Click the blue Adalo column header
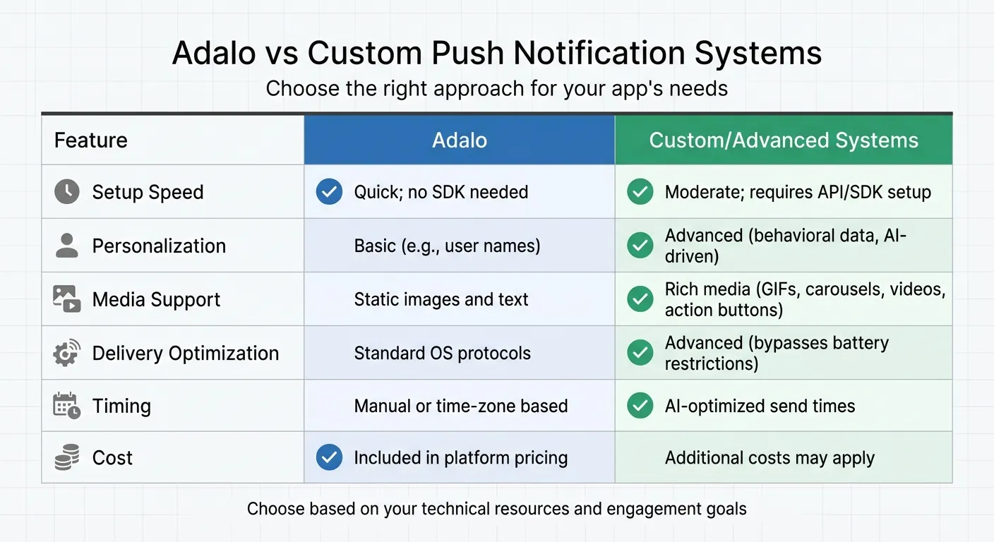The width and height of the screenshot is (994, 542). click(460, 140)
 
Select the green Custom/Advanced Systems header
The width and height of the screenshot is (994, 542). click(784, 140)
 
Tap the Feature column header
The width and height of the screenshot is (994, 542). click(91, 140)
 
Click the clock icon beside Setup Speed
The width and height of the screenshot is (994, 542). click(67, 192)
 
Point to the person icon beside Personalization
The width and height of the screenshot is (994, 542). click(67, 246)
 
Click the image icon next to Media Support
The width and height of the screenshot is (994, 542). click(67, 299)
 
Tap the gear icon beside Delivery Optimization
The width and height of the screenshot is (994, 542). click(67, 353)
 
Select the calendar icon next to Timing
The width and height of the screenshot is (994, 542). click(67, 406)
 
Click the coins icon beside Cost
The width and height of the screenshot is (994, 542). click(67, 458)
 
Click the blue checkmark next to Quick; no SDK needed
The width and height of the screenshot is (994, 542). click(329, 192)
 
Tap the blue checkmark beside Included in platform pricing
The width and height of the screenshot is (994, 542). click(329, 457)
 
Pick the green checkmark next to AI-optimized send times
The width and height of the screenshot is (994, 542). click(640, 406)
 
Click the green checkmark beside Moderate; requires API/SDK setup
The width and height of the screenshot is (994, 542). click(640, 192)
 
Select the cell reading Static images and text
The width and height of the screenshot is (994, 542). click(441, 299)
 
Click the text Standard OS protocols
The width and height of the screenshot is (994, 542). click(442, 353)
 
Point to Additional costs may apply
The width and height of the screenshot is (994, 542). click(770, 458)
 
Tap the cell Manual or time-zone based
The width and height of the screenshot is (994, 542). click(461, 406)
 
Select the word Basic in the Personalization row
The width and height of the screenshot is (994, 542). click(375, 246)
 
